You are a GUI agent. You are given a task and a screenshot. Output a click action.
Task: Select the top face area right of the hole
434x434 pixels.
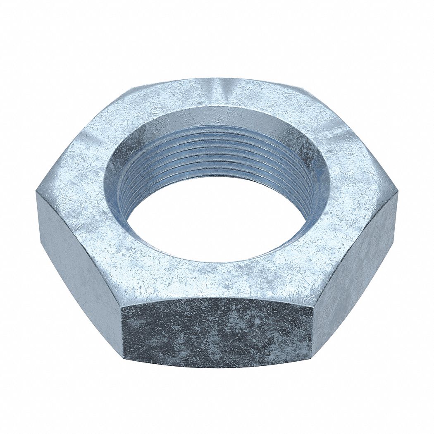(351, 190)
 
